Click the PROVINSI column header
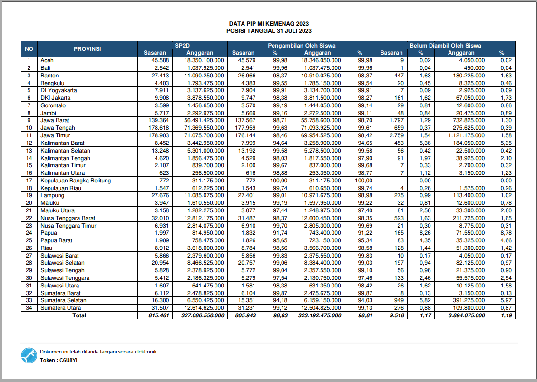pos(87,49)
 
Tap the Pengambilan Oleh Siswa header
pos(301,46)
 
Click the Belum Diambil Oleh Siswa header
pos(445,46)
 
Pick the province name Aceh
pos(47,60)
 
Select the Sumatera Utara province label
pos(60,308)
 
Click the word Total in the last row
pos(79,315)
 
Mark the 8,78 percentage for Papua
pos(506,233)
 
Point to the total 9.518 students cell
pos(395,315)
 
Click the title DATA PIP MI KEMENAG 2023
pos(269,23)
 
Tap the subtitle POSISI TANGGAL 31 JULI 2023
pos(269,30)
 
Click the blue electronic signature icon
pos(29,355)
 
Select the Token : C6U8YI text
pos(59,360)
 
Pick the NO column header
pos(29,49)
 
